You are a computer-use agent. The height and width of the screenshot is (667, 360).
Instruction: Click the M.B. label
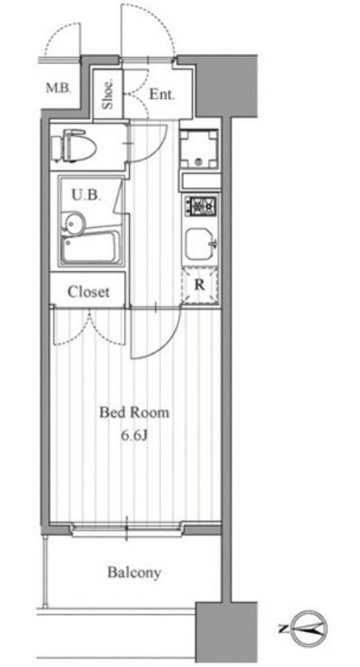(x=59, y=89)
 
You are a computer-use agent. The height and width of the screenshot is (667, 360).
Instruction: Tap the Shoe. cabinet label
(x=108, y=94)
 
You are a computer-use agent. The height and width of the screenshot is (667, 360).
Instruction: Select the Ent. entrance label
(x=162, y=95)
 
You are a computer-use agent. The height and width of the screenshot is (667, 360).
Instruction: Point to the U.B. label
(x=86, y=195)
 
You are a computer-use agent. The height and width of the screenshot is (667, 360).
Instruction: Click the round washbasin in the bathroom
(x=73, y=222)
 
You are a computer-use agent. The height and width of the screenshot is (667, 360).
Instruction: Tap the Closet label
(x=89, y=292)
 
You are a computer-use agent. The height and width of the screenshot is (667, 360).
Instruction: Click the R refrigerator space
(x=200, y=286)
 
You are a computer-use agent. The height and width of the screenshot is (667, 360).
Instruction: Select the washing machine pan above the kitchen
(x=198, y=149)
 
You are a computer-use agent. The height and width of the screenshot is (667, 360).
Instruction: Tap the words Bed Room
(x=134, y=412)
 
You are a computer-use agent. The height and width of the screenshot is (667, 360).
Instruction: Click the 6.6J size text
(x=134, y=436)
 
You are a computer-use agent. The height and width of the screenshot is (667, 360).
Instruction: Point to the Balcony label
(x=134, y=572)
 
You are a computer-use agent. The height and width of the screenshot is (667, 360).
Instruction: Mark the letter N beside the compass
(x=282, y=629)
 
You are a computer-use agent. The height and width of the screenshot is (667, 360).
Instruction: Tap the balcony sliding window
(x=127, y=528)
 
